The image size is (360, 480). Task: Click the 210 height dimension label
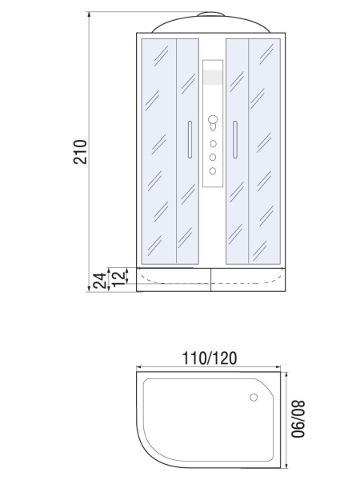point(81,152)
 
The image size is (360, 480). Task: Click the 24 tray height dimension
point(100,281)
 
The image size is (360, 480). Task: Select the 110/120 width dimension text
point(210,358)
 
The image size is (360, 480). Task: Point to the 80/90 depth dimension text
point(298,419)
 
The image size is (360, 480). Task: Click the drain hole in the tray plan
point(254,398)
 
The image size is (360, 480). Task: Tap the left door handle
point(190,139)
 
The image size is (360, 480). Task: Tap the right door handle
point(235,139)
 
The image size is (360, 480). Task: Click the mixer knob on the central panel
point(213,122)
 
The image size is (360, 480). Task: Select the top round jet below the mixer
point(213,144)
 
